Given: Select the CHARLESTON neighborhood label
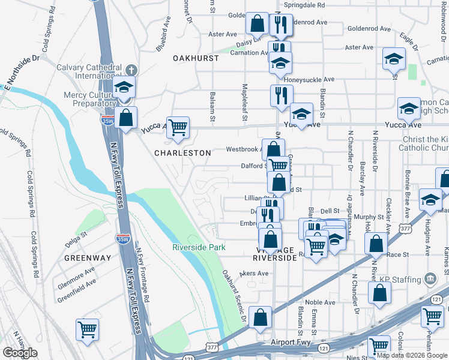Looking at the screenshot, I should point(182,153).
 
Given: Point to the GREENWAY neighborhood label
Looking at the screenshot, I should point(88,258).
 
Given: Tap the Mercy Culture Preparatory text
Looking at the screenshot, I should point(89,100).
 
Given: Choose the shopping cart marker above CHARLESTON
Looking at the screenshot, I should point(178,128).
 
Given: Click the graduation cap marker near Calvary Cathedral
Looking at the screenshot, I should point(124,88).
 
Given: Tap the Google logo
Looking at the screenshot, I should point(20,353).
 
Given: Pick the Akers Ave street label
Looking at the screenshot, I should point(254,273).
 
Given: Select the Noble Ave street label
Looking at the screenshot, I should point(320,302).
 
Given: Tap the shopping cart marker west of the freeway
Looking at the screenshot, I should point(87,329).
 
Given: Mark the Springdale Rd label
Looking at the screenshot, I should point(304,4).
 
